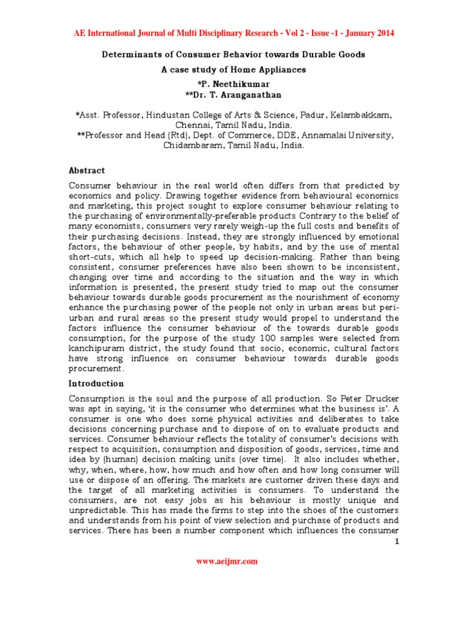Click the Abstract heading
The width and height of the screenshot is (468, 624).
(87, 171)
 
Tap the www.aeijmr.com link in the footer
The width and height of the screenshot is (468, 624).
(227, 561)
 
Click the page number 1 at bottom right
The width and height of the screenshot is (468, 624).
(396, 542)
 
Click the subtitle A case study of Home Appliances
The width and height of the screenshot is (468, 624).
(233, 69)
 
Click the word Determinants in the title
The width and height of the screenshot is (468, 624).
(130, 54)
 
